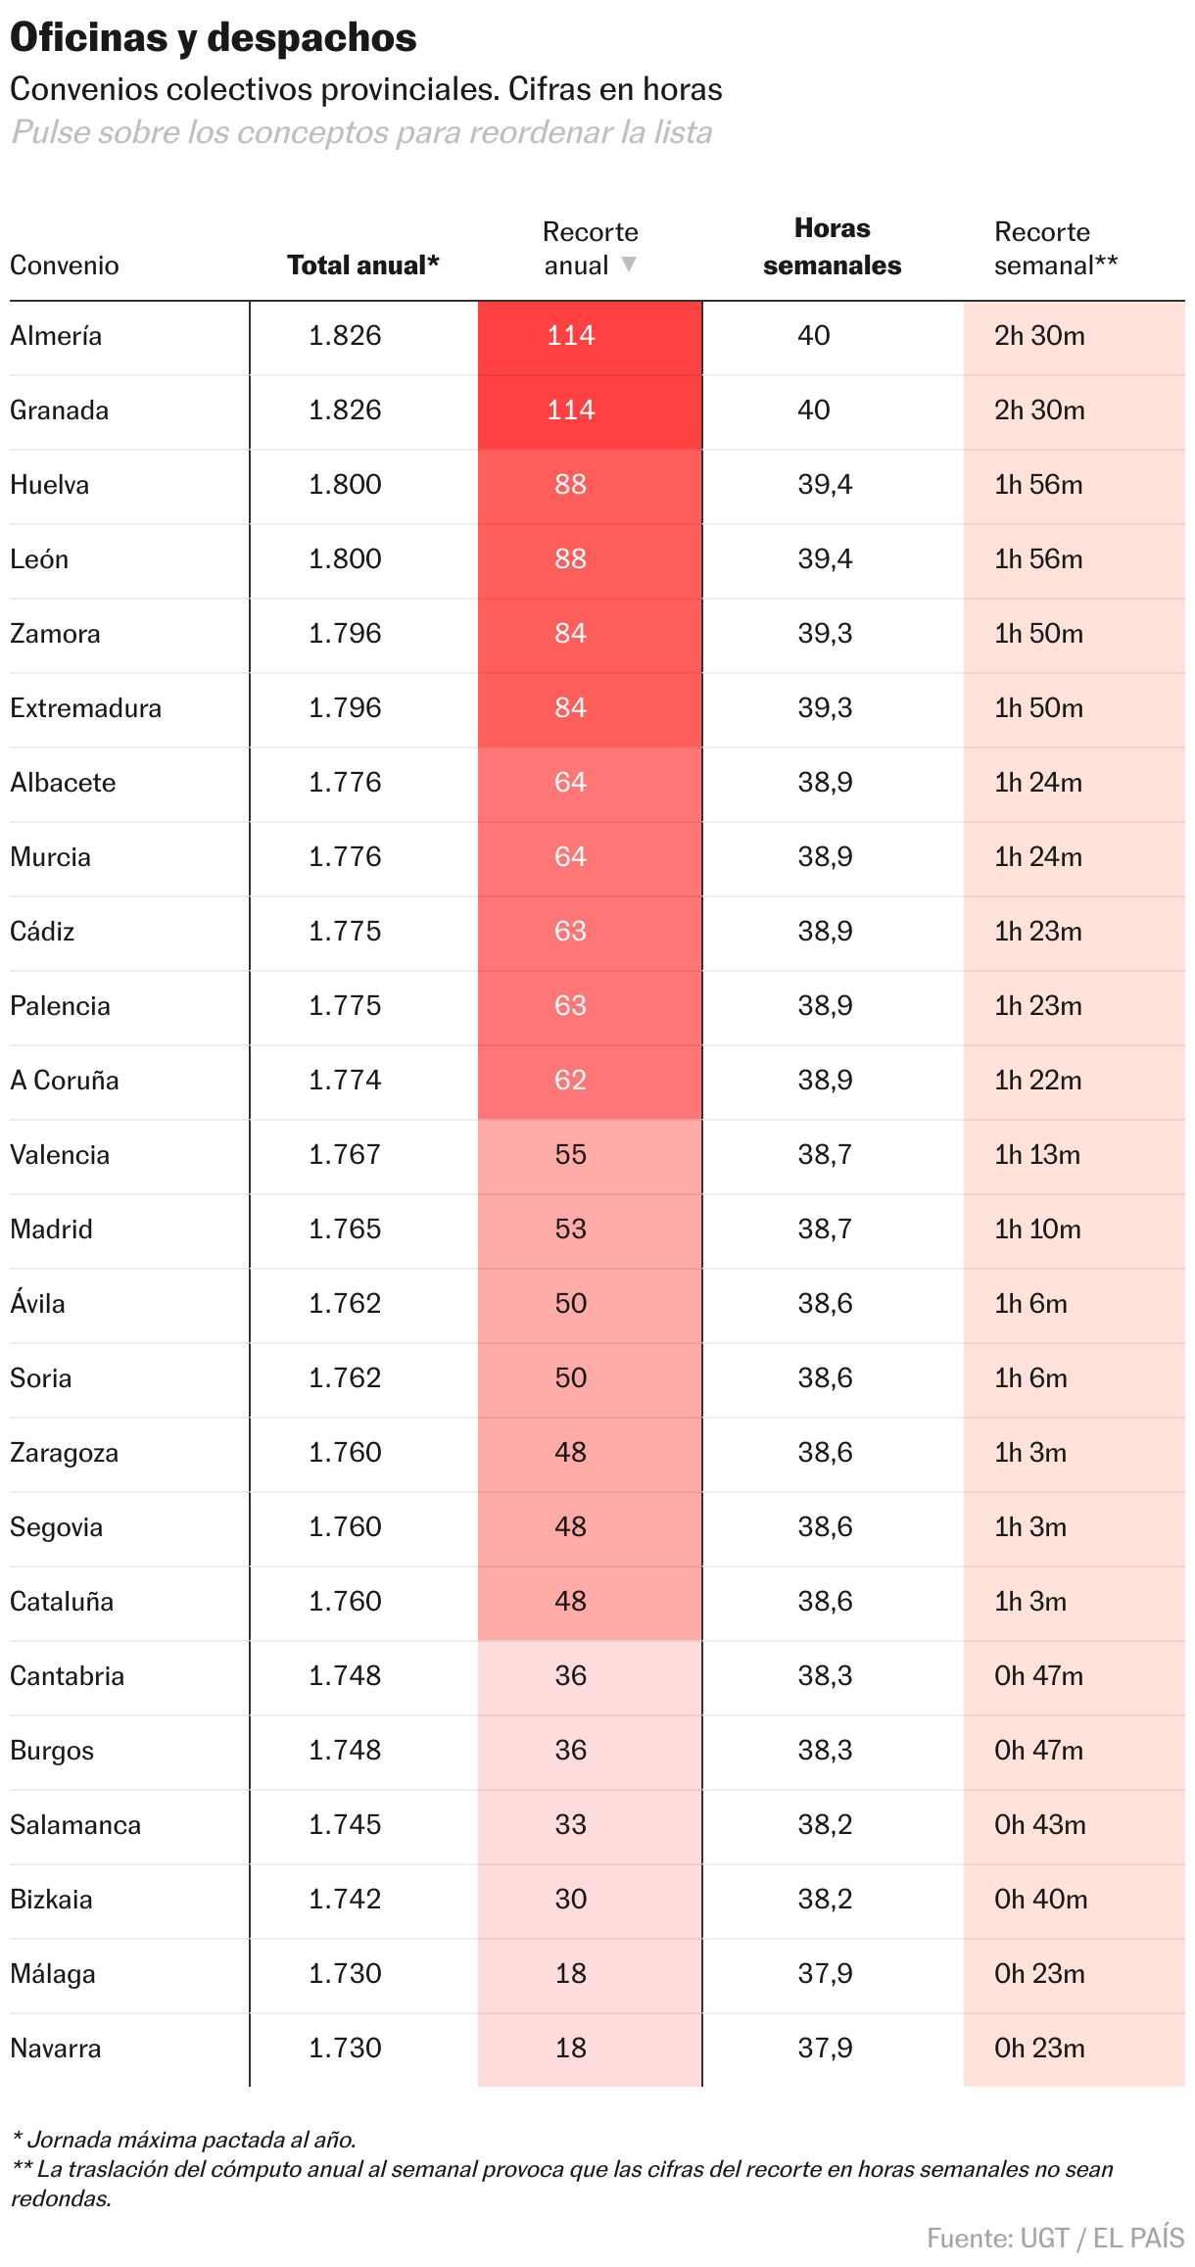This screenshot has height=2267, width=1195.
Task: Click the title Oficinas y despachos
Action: click(x=214, y=38)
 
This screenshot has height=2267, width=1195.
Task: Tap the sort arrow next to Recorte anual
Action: click(x=629, y=265)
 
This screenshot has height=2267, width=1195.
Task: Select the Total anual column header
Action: click(x=362, y=265)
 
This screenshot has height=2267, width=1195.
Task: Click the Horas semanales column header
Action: click(x=832, y=247)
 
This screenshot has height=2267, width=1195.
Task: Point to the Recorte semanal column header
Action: click(x=1055, y=248)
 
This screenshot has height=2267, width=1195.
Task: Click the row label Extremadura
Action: click(x=86, y=708)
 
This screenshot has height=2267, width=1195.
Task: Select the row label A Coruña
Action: click(x=65, y=1081)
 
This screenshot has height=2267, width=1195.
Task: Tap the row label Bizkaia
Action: click(x=52, y=1900)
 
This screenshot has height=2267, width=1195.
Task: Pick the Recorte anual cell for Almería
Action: click(x=571, y=336)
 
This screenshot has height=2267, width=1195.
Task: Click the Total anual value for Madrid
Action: click(x=345, y=1230)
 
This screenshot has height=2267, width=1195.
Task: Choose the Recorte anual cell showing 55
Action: click(x=571, y=1155)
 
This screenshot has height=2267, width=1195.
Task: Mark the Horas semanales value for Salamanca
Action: click(x=825, y=1825)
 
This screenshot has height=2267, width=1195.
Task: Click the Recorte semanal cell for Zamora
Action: click(x=1038, y=634)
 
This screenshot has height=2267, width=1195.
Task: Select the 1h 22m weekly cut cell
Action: click(x=1038, y=1081)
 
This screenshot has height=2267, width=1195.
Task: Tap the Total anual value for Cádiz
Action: click(x=345, y=932)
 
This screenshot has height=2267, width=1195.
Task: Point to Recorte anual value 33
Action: click(x=571, y=1825)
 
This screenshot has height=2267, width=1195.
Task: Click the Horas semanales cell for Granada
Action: click(x=814, y=410)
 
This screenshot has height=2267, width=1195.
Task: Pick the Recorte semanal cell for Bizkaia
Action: click(x=1040, y=1900)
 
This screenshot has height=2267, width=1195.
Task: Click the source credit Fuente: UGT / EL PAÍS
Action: click(x=1055, y=2239)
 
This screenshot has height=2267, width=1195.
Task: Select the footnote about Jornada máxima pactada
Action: click(x=184, y=2140)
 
